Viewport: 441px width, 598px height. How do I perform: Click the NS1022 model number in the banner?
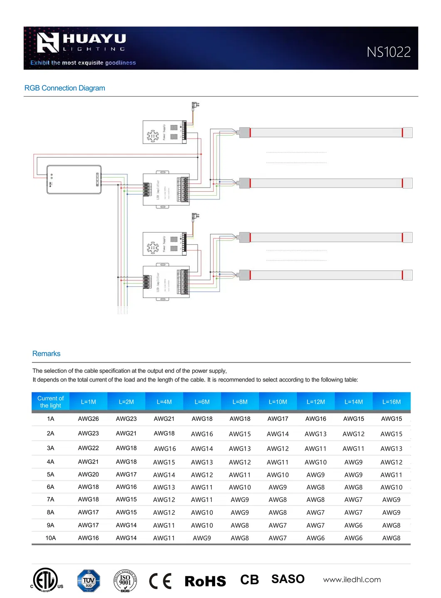389,52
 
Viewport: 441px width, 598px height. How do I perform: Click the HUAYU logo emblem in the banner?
48,43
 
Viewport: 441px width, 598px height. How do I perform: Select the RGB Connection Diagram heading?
64,88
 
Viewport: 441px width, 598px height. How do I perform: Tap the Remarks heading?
46,354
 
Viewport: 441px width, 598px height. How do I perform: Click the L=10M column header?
277,402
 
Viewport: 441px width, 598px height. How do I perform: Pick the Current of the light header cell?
50,402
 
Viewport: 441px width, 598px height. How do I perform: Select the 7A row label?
50,499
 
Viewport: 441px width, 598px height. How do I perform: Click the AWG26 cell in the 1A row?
88,419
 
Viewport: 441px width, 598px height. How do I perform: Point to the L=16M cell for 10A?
391,538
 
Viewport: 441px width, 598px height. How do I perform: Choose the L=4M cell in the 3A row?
165,449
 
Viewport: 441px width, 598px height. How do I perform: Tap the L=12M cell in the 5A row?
315,475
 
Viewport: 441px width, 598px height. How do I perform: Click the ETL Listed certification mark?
46,580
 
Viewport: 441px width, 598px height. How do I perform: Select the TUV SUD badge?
89,581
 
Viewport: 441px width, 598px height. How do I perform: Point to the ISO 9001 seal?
125,581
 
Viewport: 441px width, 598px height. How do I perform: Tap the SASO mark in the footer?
288,579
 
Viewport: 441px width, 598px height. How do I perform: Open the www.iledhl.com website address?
352,580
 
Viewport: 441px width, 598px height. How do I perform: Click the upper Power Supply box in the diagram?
164,132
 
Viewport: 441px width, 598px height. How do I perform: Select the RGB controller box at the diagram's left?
74,179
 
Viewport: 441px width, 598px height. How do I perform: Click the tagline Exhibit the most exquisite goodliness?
83,63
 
